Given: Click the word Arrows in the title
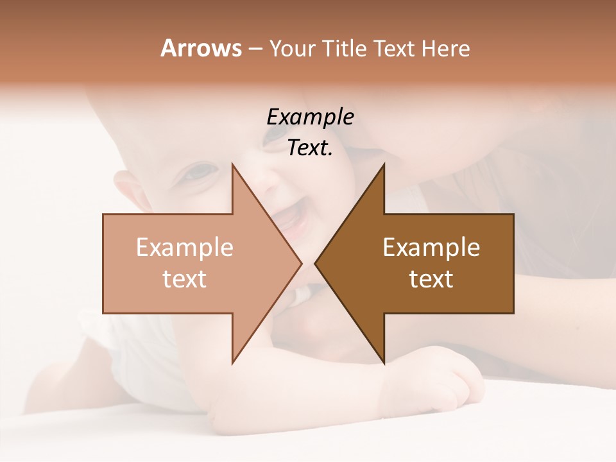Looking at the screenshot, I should click(201, 48).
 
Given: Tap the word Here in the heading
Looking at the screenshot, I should click(445, 49).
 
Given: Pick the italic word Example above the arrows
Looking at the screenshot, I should click(310, 117).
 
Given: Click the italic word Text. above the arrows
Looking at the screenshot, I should click(310, 148).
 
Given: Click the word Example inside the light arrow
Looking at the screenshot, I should click(185, 247).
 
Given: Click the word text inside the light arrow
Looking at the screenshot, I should click(185, 279).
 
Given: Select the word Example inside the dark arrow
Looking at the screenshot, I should click(431, 247).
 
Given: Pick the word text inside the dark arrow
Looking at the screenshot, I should click(431, 279).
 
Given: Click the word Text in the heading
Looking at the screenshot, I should click(395, 49).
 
